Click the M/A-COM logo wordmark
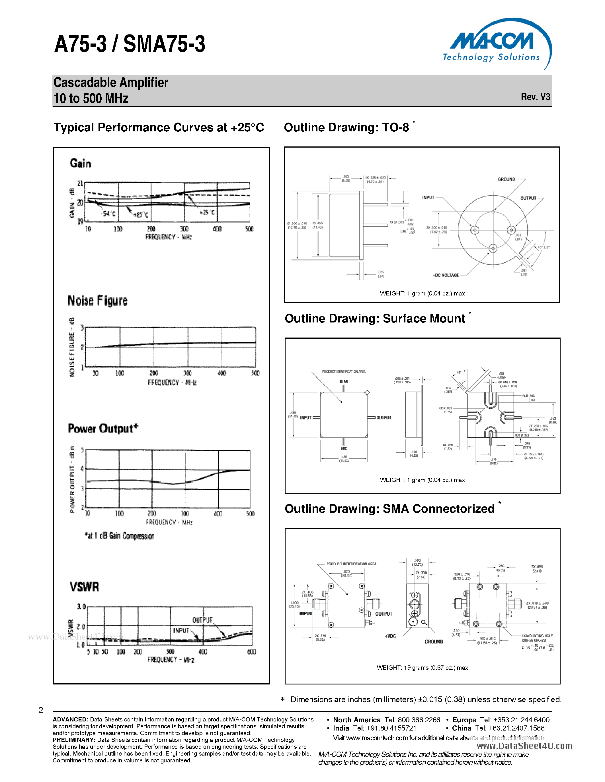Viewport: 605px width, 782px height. (491, 41)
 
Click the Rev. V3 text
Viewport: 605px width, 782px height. (535, 97)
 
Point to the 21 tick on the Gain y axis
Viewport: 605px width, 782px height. (80, 183)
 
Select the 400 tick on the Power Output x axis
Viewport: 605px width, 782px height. (218, 514)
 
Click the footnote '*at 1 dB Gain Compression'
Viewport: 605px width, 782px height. (119, 536)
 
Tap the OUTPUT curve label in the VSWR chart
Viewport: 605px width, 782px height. (202, 620)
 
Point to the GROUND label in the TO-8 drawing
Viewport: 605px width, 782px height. (506, 179)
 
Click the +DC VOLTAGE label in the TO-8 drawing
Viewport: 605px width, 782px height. (446, 275)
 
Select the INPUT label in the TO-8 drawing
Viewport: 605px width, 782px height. (428, 197)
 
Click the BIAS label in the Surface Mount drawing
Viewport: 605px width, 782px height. (344, 382)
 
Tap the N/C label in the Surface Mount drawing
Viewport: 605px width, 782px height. (344, 448)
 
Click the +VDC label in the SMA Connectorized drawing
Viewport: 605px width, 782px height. (390, 636)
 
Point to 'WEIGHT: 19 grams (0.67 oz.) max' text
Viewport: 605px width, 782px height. (422, 667)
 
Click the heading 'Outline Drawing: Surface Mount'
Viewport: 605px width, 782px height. (375, 318)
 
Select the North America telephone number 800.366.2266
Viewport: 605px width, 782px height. (419, 720)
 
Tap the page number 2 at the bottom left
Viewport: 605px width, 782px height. (41, 710)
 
